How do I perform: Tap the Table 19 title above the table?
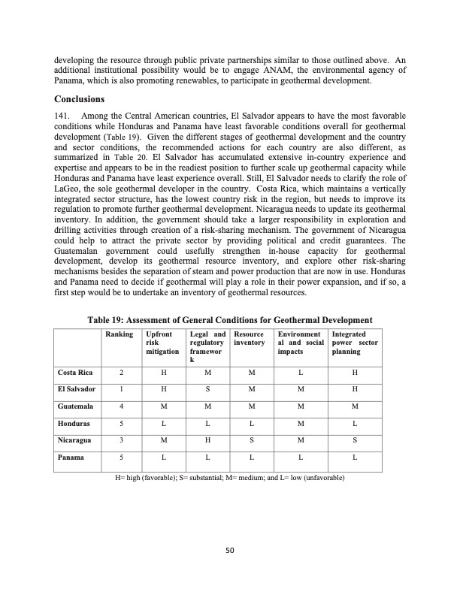[230, 320]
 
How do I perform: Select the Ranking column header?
[120, 334]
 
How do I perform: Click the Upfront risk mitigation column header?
[162, 342]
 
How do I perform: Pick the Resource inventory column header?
[249, 338]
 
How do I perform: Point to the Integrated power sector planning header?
[354, 342]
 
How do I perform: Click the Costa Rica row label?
[75, 372]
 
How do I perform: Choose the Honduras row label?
[74, 423]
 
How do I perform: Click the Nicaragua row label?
[75, 440]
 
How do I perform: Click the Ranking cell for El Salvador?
[122, 389]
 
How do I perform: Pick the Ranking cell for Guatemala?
[122, 406]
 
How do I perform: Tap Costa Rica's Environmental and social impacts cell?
[300, 372]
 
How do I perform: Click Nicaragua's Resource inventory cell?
[252, 440]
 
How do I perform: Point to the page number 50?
[230, 551]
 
